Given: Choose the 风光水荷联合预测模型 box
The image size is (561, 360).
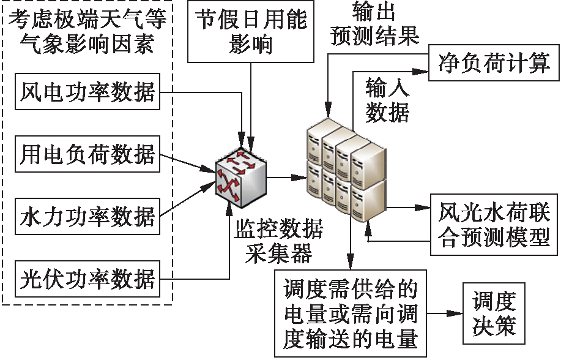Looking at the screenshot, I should tap(494, 225).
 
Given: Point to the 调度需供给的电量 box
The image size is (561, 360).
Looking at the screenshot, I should tap(350, 314).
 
